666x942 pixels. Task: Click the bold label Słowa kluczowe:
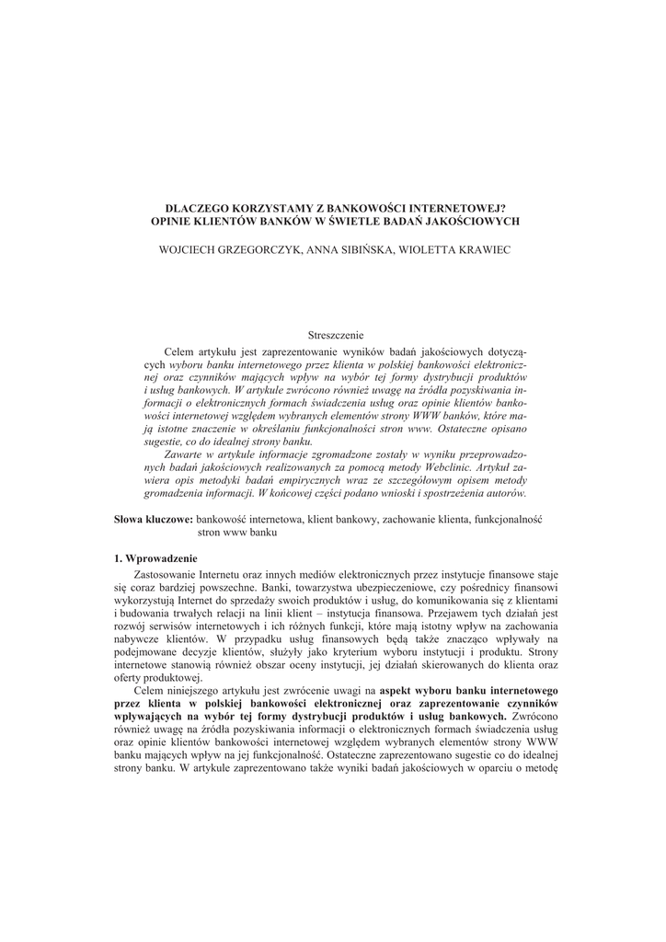click(153, 520)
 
